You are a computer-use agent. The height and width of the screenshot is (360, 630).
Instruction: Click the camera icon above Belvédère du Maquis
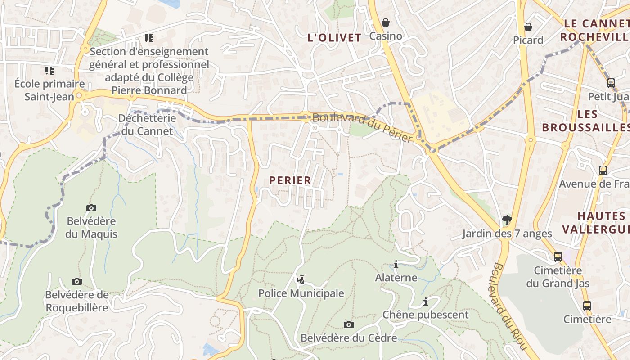91,208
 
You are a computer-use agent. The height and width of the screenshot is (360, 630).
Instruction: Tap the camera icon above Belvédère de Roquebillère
77,282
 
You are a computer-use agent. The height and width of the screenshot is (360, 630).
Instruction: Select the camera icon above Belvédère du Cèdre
348,324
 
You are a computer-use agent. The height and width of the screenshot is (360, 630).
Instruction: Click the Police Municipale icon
301,280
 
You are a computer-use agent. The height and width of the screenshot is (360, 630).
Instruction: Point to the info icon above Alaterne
396,264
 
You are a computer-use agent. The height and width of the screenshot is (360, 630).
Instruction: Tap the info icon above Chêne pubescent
425,301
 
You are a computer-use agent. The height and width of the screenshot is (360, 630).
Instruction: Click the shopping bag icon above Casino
386,22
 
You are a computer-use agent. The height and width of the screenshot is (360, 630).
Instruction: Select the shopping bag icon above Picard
528,27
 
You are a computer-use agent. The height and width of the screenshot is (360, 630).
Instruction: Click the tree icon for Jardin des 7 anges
507,220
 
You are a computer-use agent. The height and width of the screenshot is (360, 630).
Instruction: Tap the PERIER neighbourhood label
290,180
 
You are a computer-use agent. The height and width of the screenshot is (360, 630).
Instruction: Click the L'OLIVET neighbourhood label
334,38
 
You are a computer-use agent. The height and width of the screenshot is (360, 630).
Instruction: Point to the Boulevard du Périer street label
362,127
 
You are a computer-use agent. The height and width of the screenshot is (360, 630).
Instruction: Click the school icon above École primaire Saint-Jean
49,70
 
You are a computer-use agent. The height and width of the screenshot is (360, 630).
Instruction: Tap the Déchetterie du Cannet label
147,125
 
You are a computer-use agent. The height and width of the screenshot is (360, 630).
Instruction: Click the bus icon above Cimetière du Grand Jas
558,257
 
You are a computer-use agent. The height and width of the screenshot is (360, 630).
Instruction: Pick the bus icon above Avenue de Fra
603,171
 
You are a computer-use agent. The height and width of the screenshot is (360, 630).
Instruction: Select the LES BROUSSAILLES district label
585,121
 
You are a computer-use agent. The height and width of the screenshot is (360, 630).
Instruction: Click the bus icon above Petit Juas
611,83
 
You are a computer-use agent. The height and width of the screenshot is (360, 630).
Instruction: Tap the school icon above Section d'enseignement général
149,38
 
